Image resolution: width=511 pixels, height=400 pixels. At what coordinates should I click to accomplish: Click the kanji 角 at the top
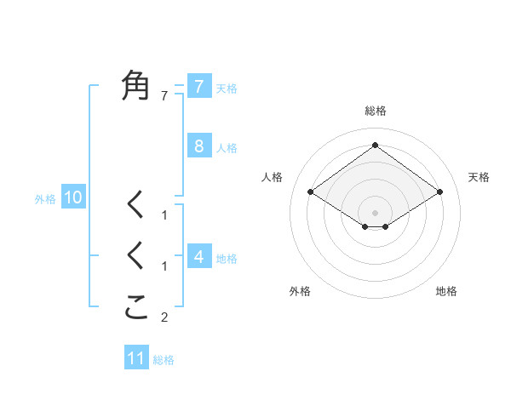coord(136,85)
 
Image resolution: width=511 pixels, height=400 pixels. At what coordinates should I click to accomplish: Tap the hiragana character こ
coord(136,307)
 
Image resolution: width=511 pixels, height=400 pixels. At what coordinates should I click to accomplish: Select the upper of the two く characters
coord(136,205)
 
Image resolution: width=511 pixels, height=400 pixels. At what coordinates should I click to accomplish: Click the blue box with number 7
coord(198,86)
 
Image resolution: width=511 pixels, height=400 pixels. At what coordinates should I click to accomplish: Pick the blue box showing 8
coord(198,146)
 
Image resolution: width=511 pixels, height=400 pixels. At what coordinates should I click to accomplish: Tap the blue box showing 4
coord(198,256)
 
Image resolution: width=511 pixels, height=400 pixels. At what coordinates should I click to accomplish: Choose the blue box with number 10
coord(72,198)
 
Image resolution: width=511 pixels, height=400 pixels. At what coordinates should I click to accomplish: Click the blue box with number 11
coord(136,358)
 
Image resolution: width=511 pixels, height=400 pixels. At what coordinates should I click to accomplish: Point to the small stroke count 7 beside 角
coord(165,96)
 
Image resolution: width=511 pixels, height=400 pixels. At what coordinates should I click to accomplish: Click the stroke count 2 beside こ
coord(165,318)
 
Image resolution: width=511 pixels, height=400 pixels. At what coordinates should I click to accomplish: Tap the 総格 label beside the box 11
coord(164,360)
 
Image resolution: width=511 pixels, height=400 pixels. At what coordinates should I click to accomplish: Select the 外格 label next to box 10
coord(45,199)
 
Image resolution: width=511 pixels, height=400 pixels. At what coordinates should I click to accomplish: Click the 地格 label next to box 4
coord(227,258)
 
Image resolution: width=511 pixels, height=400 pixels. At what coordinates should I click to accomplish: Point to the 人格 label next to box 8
coord(227,147)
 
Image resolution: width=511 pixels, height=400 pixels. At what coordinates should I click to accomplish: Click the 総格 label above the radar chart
coord(375,111)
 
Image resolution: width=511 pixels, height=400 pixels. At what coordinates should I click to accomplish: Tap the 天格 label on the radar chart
coord(479,177)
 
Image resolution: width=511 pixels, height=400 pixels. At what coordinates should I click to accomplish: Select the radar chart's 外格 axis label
coord(300,291)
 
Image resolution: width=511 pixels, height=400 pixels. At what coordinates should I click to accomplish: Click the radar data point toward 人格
coord(311,192)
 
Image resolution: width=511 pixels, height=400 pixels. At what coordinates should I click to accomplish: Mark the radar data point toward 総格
coord(375,146)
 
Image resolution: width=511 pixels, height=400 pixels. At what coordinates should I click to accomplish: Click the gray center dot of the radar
coord(375,213)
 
